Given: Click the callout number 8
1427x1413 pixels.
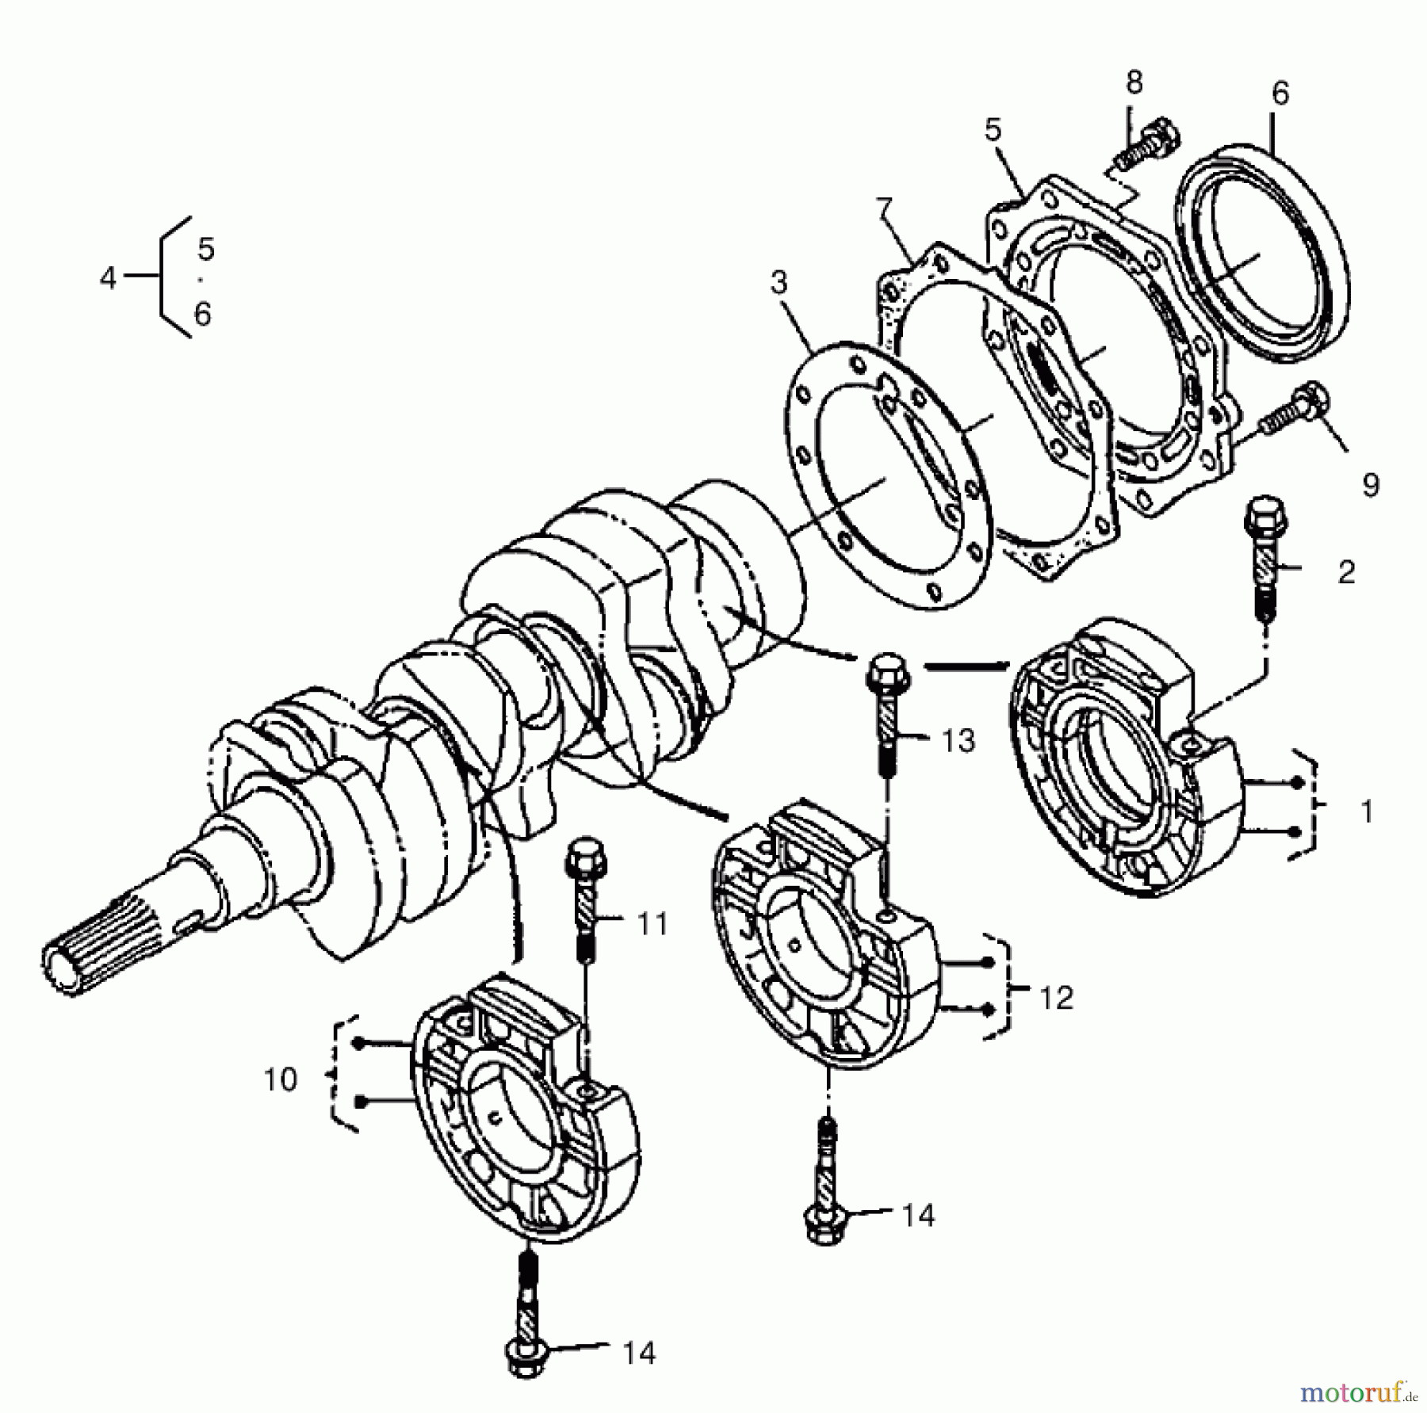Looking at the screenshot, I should [1134, 82].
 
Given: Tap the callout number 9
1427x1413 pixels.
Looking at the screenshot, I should [1371, 484].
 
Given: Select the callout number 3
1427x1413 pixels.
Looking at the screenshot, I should [780, 282].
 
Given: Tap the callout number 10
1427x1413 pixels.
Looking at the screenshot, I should [280, 1080].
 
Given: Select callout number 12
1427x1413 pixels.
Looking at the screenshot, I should [1056, 998].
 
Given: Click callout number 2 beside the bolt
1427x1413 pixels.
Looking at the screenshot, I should [1346, 572].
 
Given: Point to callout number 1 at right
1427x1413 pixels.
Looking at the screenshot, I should [1366, 812].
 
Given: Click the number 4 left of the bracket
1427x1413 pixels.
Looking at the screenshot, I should [109, 278].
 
